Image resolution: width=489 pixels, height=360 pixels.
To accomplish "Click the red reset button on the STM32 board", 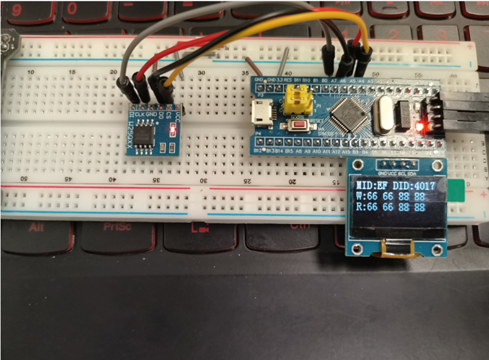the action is coord(298,124).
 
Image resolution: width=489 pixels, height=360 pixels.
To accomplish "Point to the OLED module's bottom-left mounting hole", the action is coord(356,249).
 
